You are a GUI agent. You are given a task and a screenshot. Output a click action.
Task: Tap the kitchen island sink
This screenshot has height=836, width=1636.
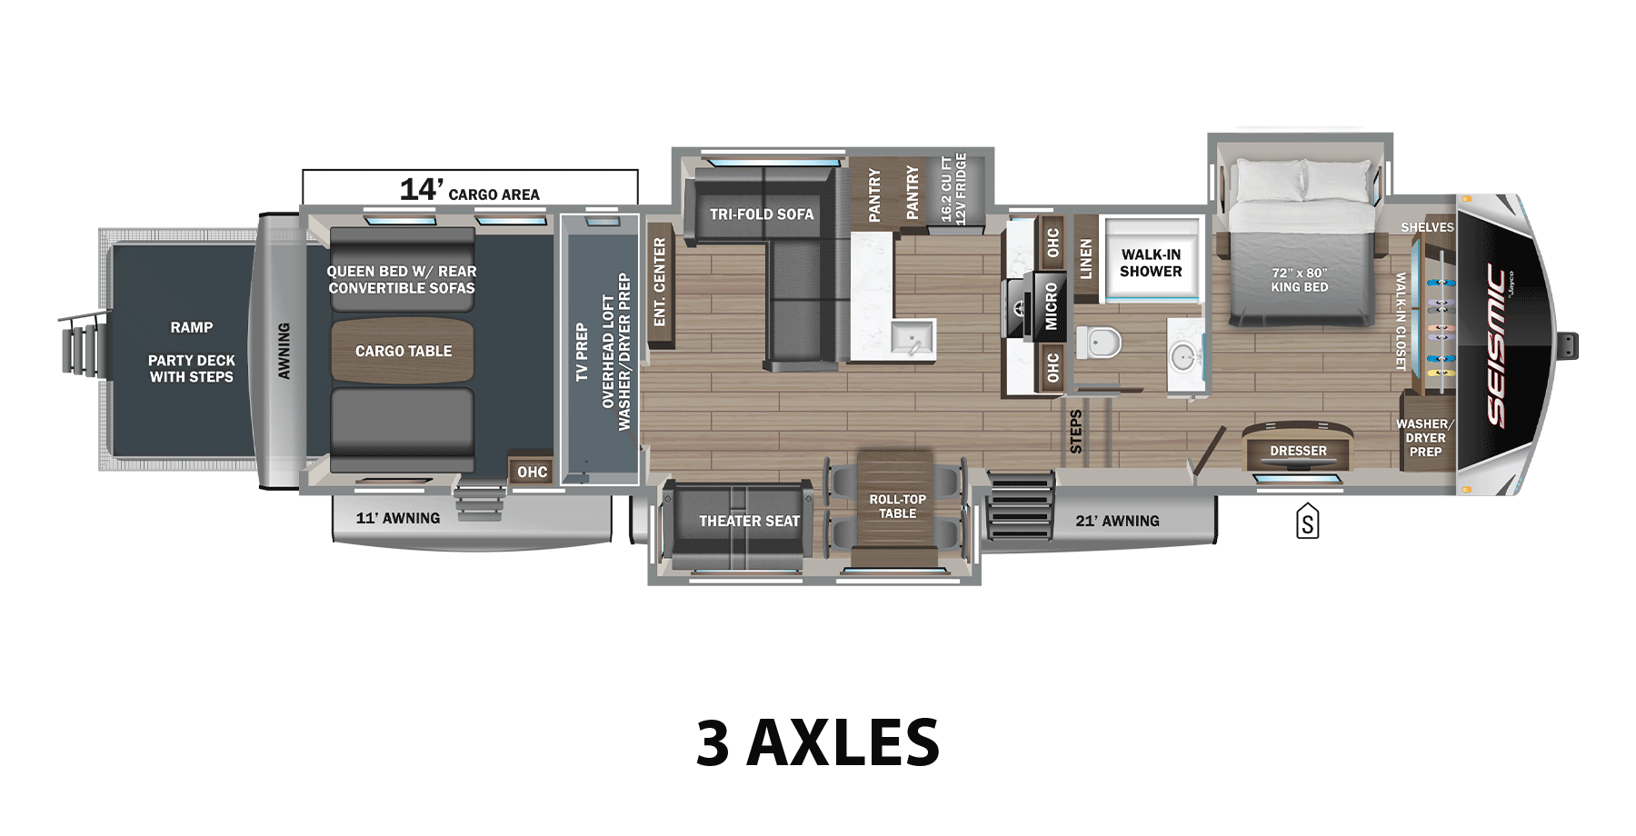(x=912, y=339)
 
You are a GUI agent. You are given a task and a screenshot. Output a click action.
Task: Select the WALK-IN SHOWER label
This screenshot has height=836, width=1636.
(x=1151, y=263)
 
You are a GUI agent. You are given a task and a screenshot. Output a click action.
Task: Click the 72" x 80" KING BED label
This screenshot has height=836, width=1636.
(x=1299, y=280)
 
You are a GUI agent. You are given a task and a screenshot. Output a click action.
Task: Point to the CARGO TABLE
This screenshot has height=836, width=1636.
(x=403, y=351)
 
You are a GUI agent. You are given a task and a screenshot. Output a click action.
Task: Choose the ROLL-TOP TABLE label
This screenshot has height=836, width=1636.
(x=897, y=506)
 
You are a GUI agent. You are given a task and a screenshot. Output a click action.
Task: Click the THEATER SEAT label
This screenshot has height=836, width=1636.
(x=749, y=521)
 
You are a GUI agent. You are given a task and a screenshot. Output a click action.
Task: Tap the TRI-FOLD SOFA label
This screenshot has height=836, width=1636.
(x=762, y=214)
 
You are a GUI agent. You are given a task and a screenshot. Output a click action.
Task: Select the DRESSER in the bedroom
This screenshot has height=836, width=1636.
(x=1298, y=451)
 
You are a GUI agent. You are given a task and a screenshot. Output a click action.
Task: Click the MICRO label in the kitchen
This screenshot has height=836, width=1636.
(x=1051, y=305)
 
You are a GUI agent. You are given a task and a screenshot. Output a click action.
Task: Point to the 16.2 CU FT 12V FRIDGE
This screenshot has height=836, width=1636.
(x=953, y=189)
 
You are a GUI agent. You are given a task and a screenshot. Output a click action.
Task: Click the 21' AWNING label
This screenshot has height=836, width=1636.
(x=1117, y=521)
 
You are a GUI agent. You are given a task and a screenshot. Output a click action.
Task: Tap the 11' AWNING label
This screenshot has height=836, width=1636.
(x=398, y=518)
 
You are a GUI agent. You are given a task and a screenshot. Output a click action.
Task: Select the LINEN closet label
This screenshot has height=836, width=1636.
(x=1085, y=258)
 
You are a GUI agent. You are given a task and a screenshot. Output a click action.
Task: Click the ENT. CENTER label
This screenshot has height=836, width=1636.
(x=660, y=282)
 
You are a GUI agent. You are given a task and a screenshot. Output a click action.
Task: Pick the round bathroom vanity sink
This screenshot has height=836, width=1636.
(x=1183, y=357)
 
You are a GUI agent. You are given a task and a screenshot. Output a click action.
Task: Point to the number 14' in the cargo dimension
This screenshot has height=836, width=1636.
(x=421, y=189)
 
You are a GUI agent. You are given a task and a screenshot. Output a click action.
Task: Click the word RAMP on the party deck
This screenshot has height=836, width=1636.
(x=191, y=327)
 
